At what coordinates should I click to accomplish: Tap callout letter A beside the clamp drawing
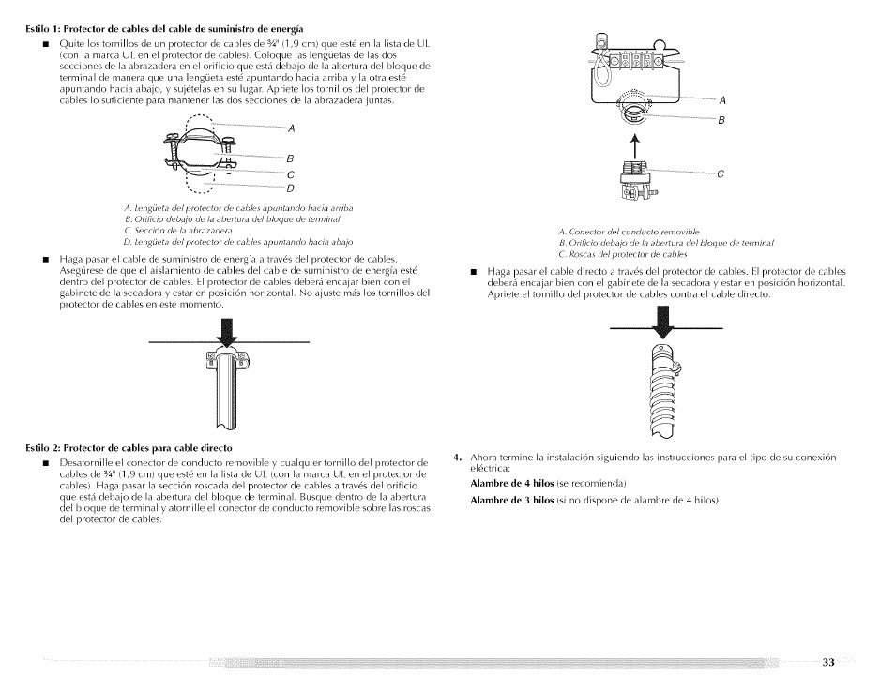[x=291, y=127]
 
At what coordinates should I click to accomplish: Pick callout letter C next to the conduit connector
[x=721, y=173]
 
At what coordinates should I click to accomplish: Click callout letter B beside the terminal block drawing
[x=721, y=120]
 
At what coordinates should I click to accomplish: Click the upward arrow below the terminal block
[x=633, y=146]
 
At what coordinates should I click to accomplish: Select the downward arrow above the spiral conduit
[x=666, y=322]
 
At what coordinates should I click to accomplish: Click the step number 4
[x=456, y=457]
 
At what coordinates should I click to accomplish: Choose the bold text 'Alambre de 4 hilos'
[x=511, y=484]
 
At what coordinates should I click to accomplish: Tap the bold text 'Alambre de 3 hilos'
[x=511, y=500]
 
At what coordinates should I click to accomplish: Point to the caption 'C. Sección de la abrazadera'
[x=178, y=230]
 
